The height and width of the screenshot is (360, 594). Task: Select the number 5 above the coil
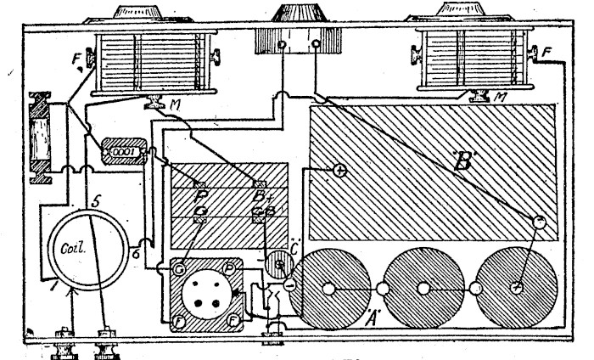(x=97, y=203)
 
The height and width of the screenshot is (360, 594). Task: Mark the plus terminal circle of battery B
(x=339, y=171)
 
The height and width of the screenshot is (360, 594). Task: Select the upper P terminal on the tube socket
(x=230, y=271)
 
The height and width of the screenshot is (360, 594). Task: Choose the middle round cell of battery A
(x=424, y=290)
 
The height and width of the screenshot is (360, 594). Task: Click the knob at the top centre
(x=298, y=14)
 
